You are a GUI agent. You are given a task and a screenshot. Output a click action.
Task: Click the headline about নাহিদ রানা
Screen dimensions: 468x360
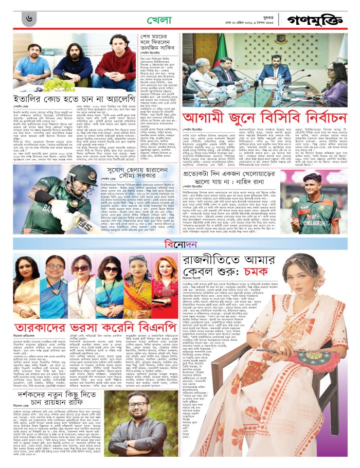pyautogui.click(x=237, y=177)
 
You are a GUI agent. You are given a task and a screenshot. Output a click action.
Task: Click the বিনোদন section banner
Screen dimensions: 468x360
pyautogui.click(x=179, y=242)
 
